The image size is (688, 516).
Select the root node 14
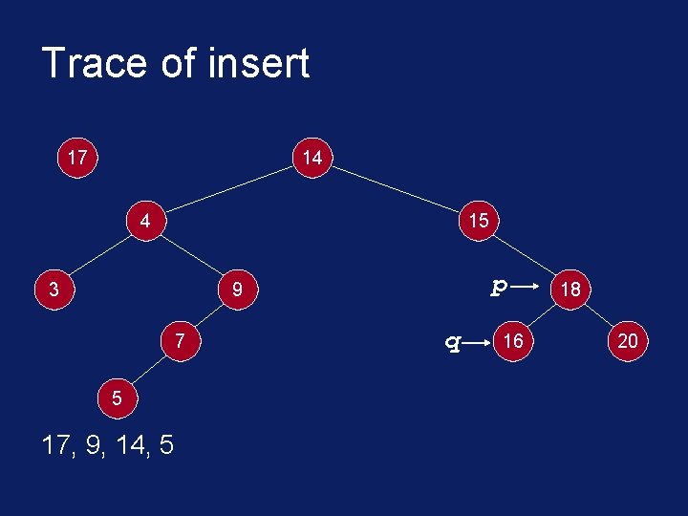[x=312, y=158]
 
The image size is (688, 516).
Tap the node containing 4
[x=145, y=220]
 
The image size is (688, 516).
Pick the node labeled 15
[x=478, y=220]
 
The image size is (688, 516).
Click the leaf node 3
[x=55, y=288]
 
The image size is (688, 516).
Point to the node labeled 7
[x=180, y=340]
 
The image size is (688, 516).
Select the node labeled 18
[x=571, y=288]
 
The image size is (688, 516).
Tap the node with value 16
[x=513, y=340]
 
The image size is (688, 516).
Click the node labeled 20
[x=628, y=340]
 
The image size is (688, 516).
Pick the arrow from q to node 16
[x=477, y=341]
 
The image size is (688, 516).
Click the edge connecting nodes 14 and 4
[x=228, y=189]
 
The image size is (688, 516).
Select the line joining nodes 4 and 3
[x=100, y=253]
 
